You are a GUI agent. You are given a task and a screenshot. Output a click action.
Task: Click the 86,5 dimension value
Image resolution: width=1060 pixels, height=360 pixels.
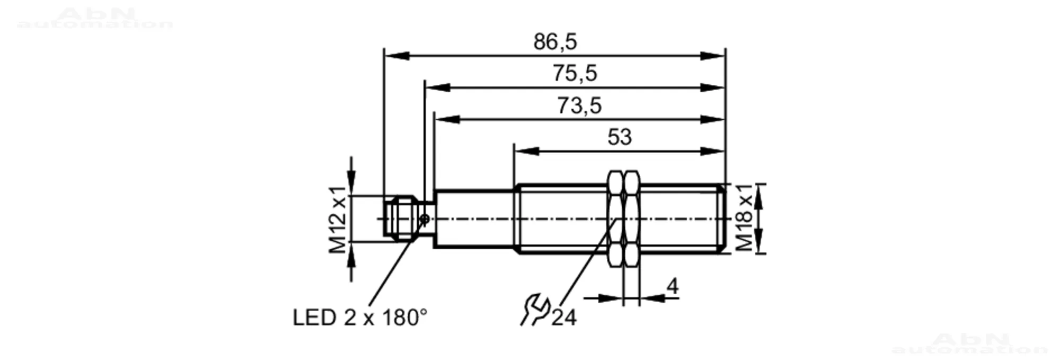[x=555, y=42]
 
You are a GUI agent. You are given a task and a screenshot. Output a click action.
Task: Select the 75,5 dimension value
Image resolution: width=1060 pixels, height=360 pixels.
[x=575, y=73]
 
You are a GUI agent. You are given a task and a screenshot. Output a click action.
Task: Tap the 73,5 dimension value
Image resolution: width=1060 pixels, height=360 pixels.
[x=579, y=106]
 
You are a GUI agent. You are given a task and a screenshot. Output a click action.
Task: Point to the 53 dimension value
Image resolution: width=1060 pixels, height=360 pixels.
[x=620, y=137]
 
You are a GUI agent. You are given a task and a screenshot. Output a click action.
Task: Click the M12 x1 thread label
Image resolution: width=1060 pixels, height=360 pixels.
[x=338, y=219]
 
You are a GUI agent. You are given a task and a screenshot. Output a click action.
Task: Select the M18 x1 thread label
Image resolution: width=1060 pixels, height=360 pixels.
[x=744, y=217]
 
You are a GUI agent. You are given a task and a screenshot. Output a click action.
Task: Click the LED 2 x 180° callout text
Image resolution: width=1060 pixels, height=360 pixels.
[x=360, y=318]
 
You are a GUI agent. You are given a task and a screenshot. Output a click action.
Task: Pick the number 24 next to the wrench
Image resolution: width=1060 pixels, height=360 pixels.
[x=564, y=318]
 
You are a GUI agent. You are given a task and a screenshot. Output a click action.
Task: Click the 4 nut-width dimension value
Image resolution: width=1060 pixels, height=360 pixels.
[x=673, y=286]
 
